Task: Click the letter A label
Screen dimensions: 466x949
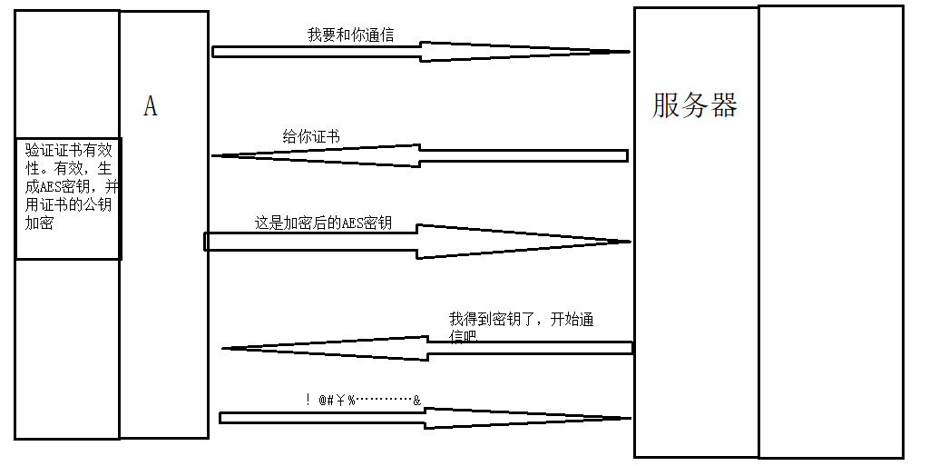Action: [x=151, y=107]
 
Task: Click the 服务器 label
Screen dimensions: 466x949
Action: [x=694, y=105]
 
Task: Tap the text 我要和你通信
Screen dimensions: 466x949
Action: [x=350, y=35]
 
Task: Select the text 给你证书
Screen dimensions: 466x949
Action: [x=311, y=137]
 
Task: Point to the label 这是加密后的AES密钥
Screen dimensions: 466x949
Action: [x=323, y=223]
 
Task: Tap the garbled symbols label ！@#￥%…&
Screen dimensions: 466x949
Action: [x=363, y=400]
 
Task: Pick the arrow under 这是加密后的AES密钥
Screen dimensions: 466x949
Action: [x=417, y=242]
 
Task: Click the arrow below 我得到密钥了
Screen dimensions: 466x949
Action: [x=426, y=348]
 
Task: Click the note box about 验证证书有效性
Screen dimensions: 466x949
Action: [x=68, y=199]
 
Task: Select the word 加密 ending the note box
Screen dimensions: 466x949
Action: [x=39, y=223]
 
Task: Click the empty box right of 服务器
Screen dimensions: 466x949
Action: [x=830, y=232]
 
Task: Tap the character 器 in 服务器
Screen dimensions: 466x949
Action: [x=723, y=105]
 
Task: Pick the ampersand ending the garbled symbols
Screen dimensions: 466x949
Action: [x=416, y=400]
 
